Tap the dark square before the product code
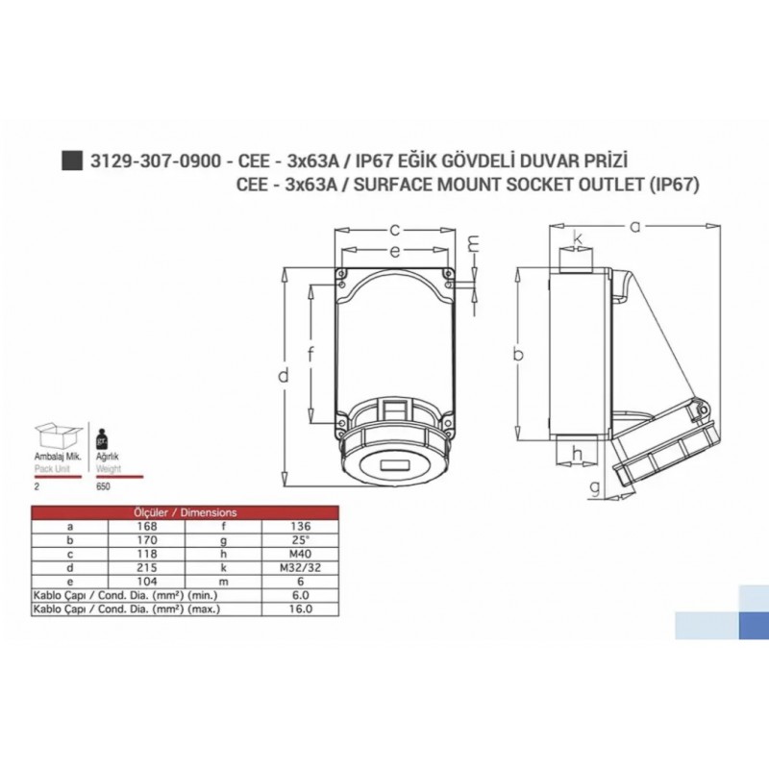click(x=70, y=161)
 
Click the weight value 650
click(x=103, y=486)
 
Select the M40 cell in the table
click(x=300, y=554)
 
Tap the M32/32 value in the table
click(x=300, y=567)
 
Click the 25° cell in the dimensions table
click(x=300, y=540)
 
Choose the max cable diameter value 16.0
click(x=300, y=608)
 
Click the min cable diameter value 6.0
click(x=300, y=595)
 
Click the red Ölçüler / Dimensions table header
click(x=184, y=512)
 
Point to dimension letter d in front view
click(x=284, y=376)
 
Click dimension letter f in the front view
click(x=310, y=354)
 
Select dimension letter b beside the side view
click(x=518, y=354)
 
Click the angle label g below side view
click(x=596, y=487)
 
